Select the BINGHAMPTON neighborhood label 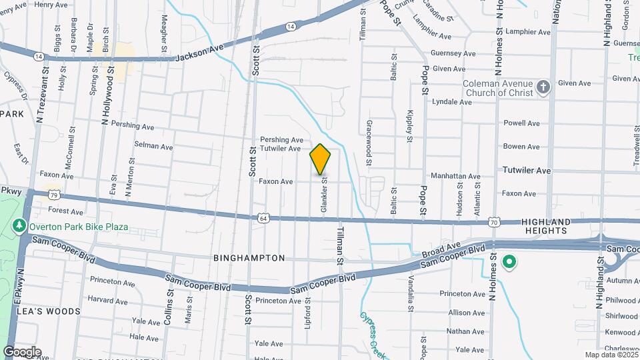coord(250,258)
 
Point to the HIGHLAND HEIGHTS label coord(546,226)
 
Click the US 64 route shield coord(264,218)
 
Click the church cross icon coord(544,88)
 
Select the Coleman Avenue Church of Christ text coord(498,88)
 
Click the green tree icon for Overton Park coord(20,227)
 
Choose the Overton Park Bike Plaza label coord(79,227)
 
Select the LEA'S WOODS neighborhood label coord(49,311)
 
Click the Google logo coord(22,351)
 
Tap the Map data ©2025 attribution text coord(610,355)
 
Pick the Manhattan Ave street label coord(455,177)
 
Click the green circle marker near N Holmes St coord(509,262)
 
